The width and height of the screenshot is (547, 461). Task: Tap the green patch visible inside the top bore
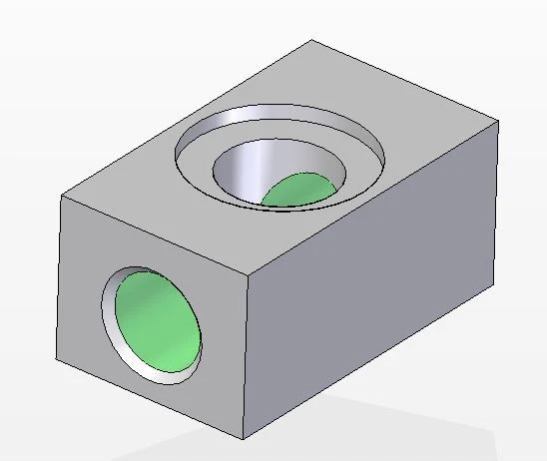tap(300, 190)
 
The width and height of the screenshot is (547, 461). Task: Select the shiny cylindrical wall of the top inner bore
tap(250, 165)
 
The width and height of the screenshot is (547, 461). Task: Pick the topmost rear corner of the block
tap(312, 39)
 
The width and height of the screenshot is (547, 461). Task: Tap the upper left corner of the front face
tap(61, 196)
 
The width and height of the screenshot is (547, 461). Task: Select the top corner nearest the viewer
tap(249, 272)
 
